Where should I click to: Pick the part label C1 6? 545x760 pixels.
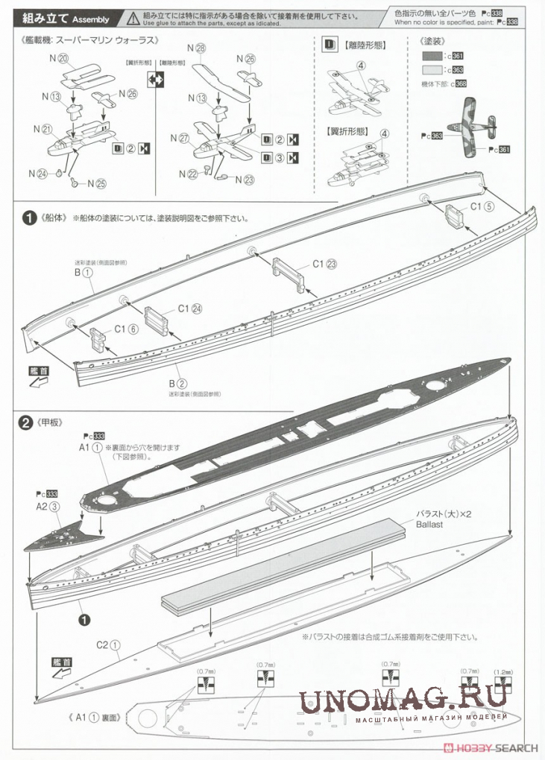125,329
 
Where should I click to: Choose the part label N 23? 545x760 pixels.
245,179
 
